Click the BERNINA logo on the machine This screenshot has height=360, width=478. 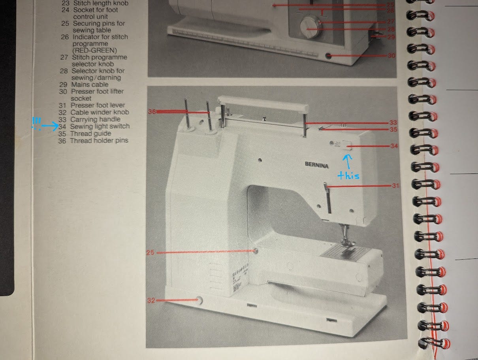316,165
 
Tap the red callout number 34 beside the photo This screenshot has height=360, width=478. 394,146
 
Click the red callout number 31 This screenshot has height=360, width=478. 395,186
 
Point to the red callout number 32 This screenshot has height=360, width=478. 151,300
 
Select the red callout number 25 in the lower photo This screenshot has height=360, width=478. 150,252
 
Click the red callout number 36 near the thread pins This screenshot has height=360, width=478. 152,112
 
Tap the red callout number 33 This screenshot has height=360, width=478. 393,123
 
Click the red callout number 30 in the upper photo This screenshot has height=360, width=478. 391,56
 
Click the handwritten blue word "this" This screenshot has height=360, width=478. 348,175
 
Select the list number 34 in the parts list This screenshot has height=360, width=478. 62,126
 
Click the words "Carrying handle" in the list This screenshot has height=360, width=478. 95,119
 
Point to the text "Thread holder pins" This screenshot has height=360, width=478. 99,140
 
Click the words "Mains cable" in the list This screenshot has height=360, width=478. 90,85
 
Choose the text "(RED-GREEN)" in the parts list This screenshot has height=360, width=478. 94,50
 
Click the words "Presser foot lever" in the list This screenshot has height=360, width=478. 98,105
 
